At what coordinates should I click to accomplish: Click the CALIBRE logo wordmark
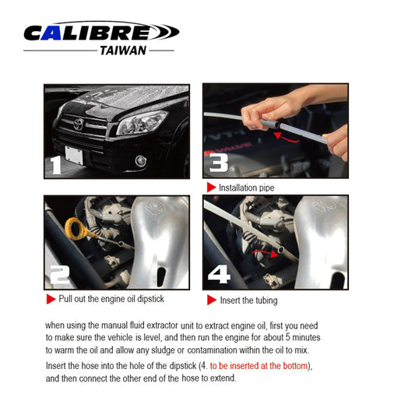click(x=102, y=31)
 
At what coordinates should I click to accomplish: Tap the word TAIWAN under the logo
click(x=123, y=51)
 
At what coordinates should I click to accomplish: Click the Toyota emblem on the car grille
click(x=79, y=124)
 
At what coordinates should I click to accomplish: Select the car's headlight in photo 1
click(x=142, y=123)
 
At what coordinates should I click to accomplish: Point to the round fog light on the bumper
click(x=141, y=161)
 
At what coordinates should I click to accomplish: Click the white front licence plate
click(x=74, y=155)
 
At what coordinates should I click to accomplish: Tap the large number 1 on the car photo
click(x=56, y=165)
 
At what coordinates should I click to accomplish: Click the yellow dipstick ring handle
click(x=76, y=228)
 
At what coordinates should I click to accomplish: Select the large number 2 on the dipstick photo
click(x=60, y=275)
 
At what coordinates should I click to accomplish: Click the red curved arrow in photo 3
click(x=287, y=138)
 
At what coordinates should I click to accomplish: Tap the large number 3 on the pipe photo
click(x=219, y=163)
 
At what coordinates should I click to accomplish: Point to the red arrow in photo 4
click(x=265, y=253)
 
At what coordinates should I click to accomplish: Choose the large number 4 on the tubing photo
click(x=219, y=274)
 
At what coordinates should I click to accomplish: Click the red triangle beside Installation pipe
click(x=212, y=188)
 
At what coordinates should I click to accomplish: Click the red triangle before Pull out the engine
click(x=51, y=299)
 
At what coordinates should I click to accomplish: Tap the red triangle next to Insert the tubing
click(x=212, y=300)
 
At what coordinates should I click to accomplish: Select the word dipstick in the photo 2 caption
click(x=150, y=299)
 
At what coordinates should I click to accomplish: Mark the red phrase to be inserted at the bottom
click(x=258, y=366)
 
